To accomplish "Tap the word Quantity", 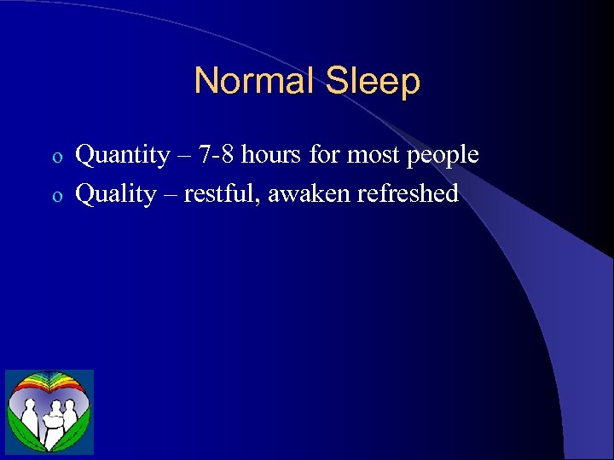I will tap(122, 156).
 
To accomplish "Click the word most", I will tap(374, 155).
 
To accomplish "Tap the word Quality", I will tap(115, 195).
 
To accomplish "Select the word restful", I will tap(222, 194).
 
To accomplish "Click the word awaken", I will tap(308, 194).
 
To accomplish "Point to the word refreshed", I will tap(408, 194).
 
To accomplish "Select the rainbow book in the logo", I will tap(49, 385).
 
